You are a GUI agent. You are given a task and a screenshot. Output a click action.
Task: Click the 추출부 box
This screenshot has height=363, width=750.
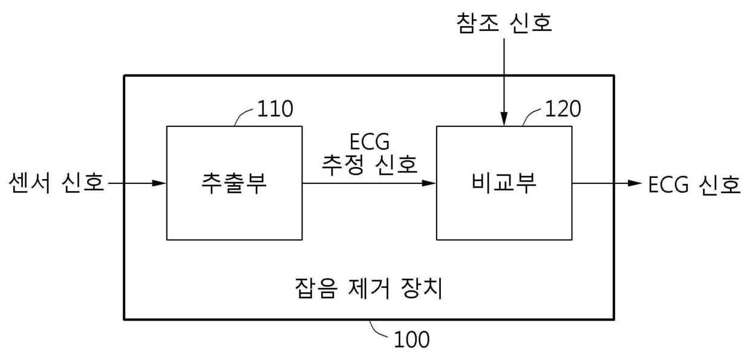coord(234,183)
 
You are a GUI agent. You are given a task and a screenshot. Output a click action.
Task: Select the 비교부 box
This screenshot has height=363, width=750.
coord(504,183)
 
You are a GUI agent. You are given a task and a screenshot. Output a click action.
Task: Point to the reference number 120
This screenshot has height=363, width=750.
coord(562,109)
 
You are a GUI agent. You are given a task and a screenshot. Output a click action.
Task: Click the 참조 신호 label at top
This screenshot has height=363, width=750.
coord(504,24)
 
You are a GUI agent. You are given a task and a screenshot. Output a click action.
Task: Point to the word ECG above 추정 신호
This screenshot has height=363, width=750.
coord(370,143)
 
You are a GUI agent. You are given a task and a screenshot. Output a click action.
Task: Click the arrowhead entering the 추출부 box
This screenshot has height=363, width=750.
coord(160,183)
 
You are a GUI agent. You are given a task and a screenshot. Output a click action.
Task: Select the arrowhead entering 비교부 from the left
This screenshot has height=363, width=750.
coord(429,183)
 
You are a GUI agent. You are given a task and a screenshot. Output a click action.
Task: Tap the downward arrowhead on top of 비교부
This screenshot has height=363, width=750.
coord(504,120)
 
